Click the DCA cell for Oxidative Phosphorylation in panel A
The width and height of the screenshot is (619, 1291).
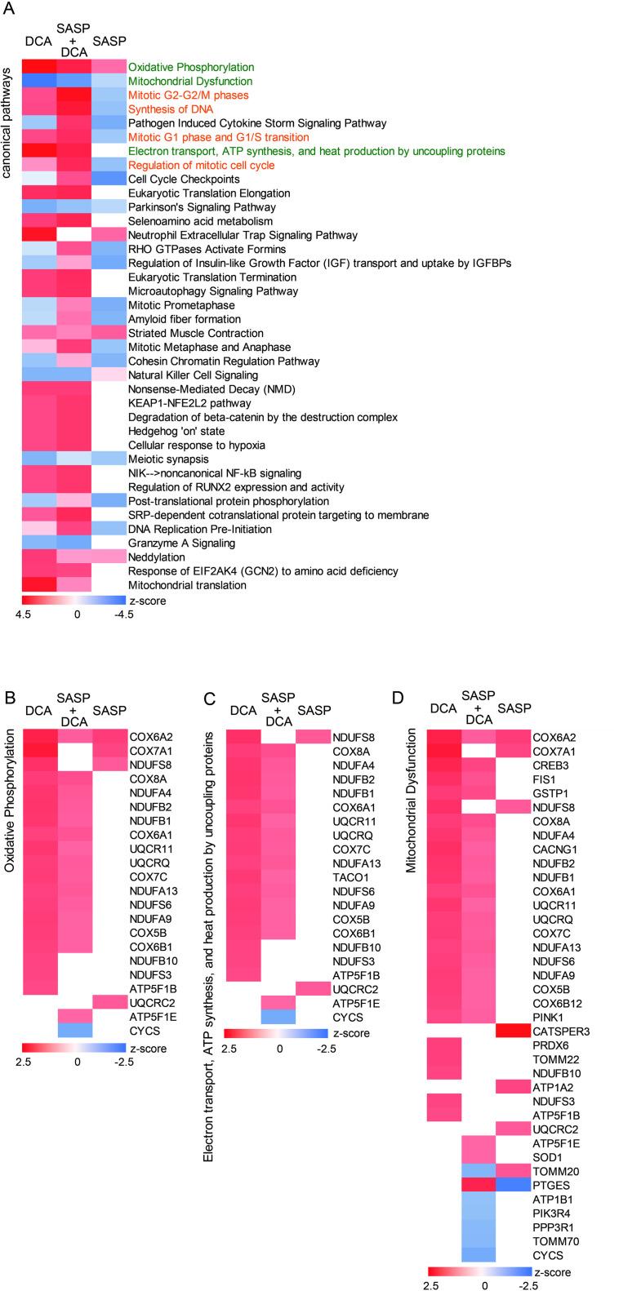point(38,67)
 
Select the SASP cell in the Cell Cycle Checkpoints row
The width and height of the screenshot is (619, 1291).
point(109,179)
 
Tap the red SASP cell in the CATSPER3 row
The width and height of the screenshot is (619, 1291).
point(512,1031)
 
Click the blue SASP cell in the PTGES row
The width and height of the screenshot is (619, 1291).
point(512,1184)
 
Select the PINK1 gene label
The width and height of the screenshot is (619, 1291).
point(546,1016)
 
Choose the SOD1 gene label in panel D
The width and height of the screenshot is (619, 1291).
point(546,1156)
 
